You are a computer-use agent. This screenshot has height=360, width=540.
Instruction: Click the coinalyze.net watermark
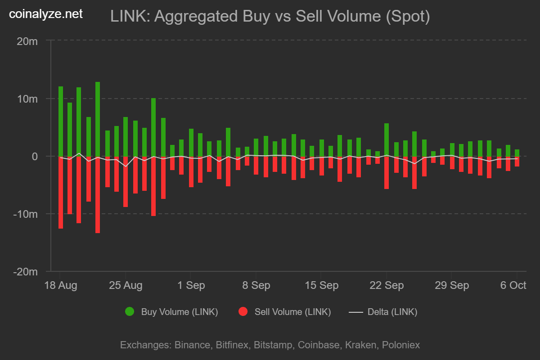click(x=46, y=14)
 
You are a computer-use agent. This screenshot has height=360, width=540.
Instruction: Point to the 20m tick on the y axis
click(x=27, y=41)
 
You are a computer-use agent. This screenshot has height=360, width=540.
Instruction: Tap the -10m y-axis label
click(x=25, y=214)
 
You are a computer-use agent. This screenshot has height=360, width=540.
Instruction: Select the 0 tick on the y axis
click(x=34, y=156)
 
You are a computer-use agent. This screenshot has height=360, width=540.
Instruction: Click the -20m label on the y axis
click(x=25, y=272)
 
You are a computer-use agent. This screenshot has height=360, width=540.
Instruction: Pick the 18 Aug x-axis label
click(x=60, y=285)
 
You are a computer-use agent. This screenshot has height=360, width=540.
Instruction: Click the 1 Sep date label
click(x=191, y=285)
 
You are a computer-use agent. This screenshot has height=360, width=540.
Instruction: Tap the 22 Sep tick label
click(x=386, y=285)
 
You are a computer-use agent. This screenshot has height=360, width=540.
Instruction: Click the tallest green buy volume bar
click(x=98, y=119)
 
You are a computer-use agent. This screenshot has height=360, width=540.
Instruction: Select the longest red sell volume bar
click(x=98, y=194)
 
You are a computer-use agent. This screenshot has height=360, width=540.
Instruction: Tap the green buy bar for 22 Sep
click(x=386, y=139)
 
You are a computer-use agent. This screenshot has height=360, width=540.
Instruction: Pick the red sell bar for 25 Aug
click(x=126, y=181)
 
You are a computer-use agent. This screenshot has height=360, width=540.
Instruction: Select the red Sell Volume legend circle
click(x=243, y=312)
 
